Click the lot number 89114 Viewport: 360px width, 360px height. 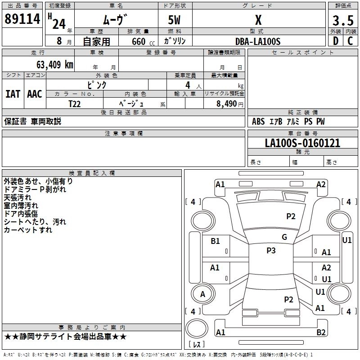(22, 20)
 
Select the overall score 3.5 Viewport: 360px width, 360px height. (342, 21)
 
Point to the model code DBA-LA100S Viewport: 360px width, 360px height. (258, 41)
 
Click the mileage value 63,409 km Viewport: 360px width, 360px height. (51, 64)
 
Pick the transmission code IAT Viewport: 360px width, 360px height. (13, 94)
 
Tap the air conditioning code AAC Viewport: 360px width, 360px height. (35, 94)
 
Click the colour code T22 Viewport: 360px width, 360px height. (75, 103)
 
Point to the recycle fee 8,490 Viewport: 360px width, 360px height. (227, 103)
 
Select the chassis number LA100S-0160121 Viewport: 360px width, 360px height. (302, 143)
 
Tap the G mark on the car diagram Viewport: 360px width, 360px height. (284, 237)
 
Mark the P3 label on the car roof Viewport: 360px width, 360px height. (271, 251)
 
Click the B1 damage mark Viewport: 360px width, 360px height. (216, 241)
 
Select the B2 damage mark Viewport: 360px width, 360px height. (321, 332)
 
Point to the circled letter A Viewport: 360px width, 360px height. (202, 294)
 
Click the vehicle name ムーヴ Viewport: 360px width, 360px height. (113, 21)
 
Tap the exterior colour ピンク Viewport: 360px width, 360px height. (97, 84)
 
